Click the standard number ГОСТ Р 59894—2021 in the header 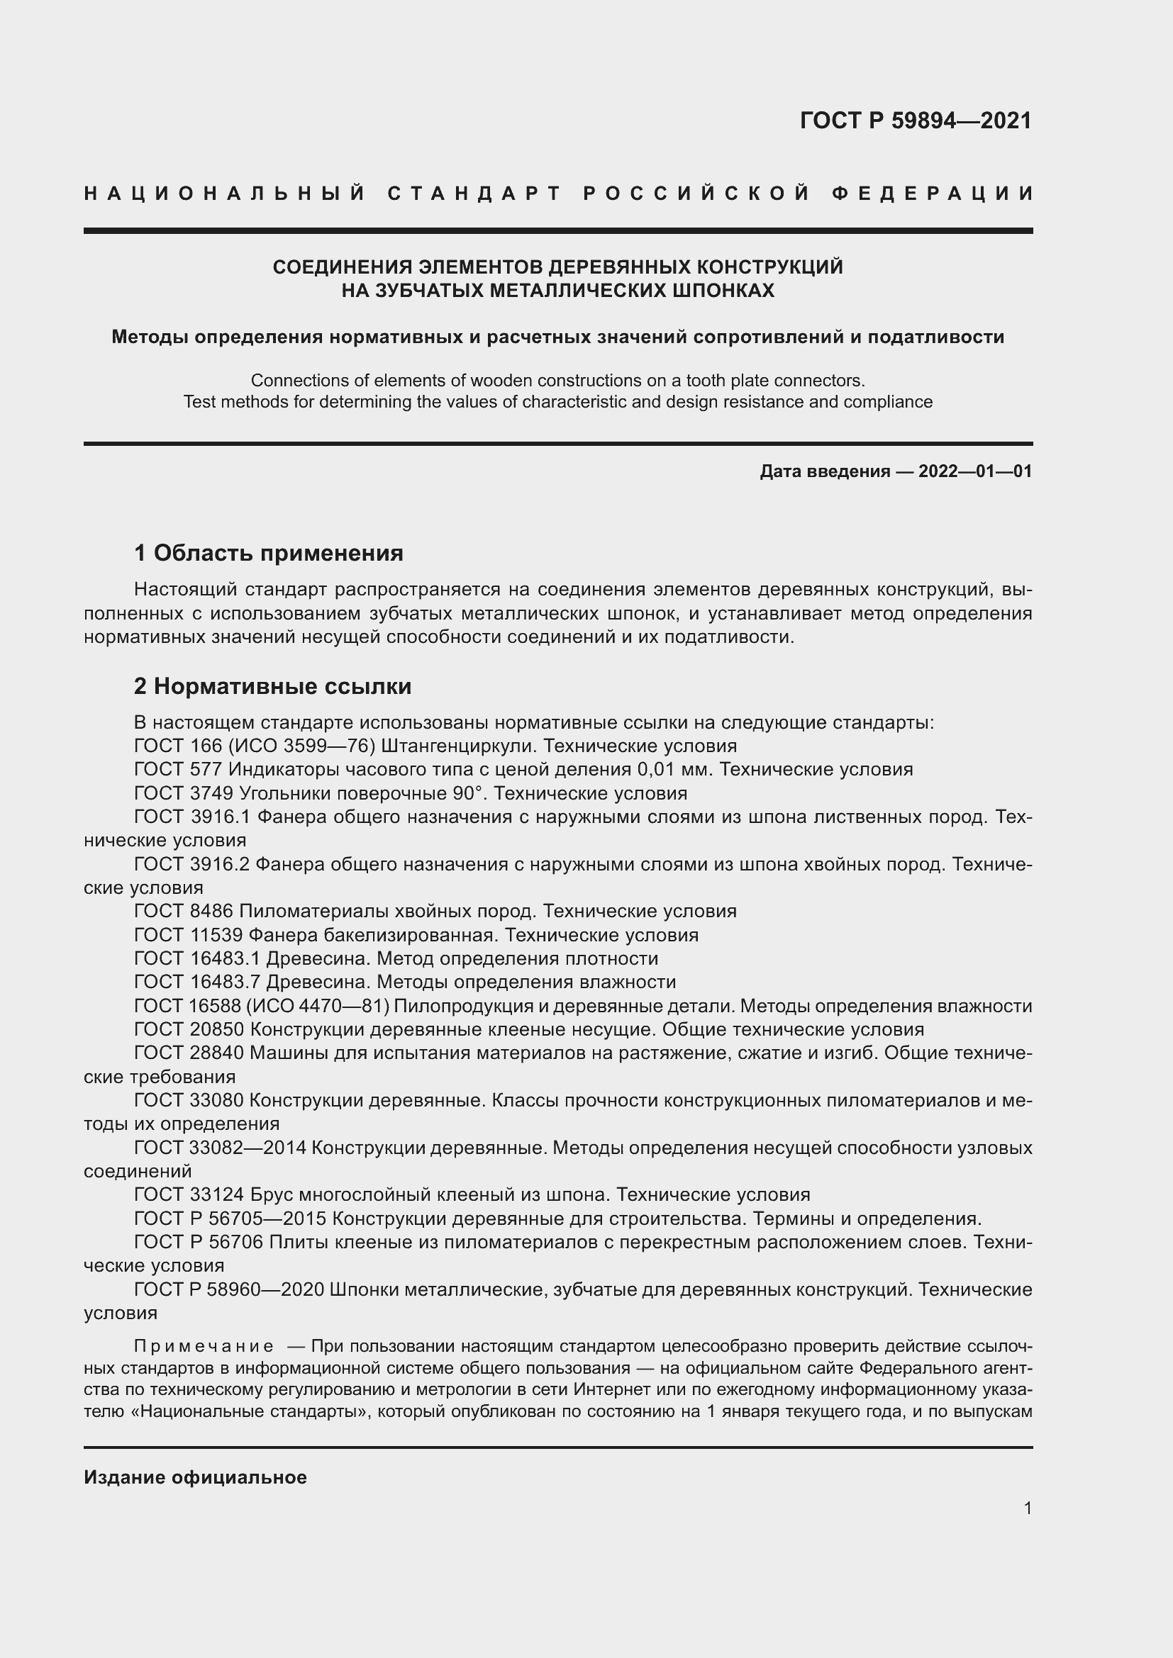click(915, 121)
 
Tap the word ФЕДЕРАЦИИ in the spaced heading click(933, 194)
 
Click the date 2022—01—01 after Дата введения click(974, 471)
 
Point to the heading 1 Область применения click(269, 553)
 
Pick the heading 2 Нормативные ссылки click(272, 686)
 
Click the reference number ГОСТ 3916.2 click(191, 864)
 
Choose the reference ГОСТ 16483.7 click(197, 982)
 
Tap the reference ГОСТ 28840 click(189, 1053)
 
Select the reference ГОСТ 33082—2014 click(221, 1148)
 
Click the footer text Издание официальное click(195, 1477)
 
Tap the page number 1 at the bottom click(1027, 1508)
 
